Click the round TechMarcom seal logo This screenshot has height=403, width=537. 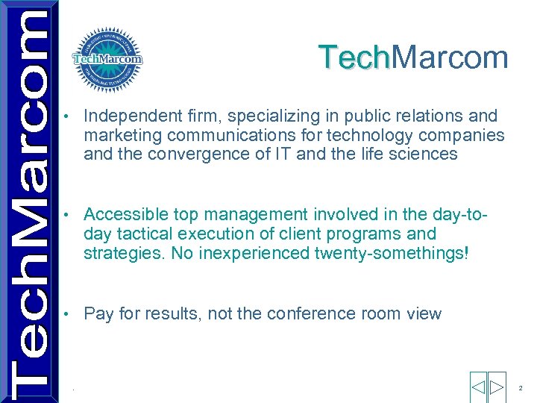pyautogui.click(x=107, y=60)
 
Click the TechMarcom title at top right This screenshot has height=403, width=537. pyautogui.click(x=413, y=57)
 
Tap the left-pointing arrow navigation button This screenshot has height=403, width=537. pyautogui.click(x=478, y=387)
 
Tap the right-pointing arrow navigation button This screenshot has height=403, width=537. pyautogui.click(x=497, y=387)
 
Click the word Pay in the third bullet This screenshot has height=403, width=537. pyautogui.click(x=98, y=313)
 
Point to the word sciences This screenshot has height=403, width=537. pyautogui.click(x=426, y=154)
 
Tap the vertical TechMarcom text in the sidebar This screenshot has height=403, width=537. pyautogui.click(x=28, y=201)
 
